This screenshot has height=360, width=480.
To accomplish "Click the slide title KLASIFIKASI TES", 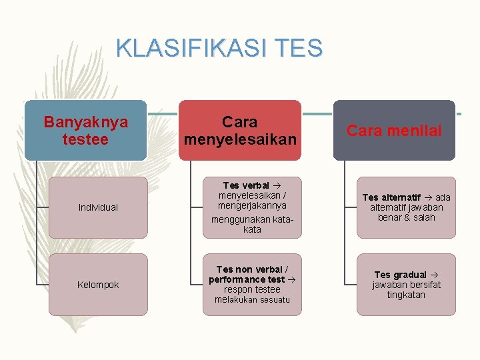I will coord(219,48).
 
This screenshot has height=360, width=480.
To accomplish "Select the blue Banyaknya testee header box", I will coord(85,130).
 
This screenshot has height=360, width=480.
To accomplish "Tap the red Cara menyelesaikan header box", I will coord(239,130).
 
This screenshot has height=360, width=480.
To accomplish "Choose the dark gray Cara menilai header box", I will coord(394,130).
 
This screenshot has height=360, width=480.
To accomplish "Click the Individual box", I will coord(98,207).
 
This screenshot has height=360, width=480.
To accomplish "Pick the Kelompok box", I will coord(98,285).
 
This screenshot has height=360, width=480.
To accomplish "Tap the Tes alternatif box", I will coord(406,207).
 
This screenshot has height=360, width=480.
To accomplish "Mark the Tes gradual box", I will coord(406,285).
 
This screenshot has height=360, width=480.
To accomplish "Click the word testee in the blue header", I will coord(85,139).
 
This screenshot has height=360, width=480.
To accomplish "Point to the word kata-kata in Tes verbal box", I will coord(252,224).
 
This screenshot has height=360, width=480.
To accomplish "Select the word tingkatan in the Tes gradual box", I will coord(406,295).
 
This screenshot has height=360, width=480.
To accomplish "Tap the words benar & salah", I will coord(406,217).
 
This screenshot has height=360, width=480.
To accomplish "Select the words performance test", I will coord(247,279).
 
